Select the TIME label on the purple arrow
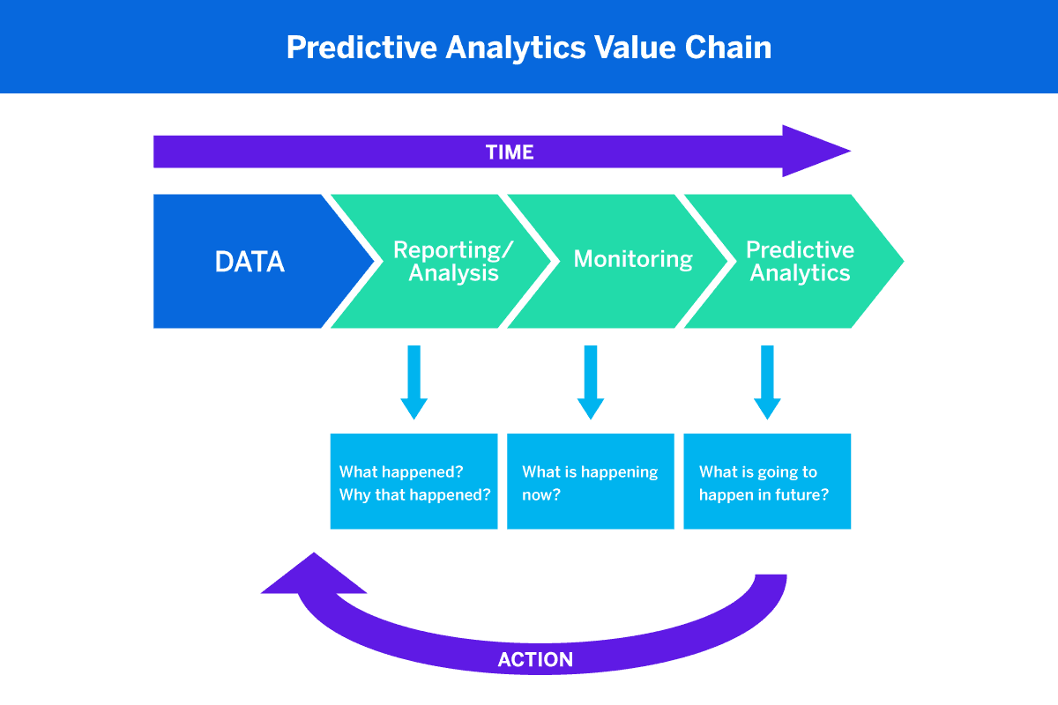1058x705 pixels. point(510,152)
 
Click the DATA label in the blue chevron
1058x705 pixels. point(250,262)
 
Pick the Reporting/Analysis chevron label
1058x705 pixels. point(453,262)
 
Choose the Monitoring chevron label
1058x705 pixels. point(633,259)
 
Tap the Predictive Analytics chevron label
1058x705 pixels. point(800,262)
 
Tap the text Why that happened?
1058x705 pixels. point(414,494)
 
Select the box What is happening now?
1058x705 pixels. point(591,481)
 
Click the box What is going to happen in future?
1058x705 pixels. point(767,481)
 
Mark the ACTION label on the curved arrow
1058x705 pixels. point(535,659)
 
